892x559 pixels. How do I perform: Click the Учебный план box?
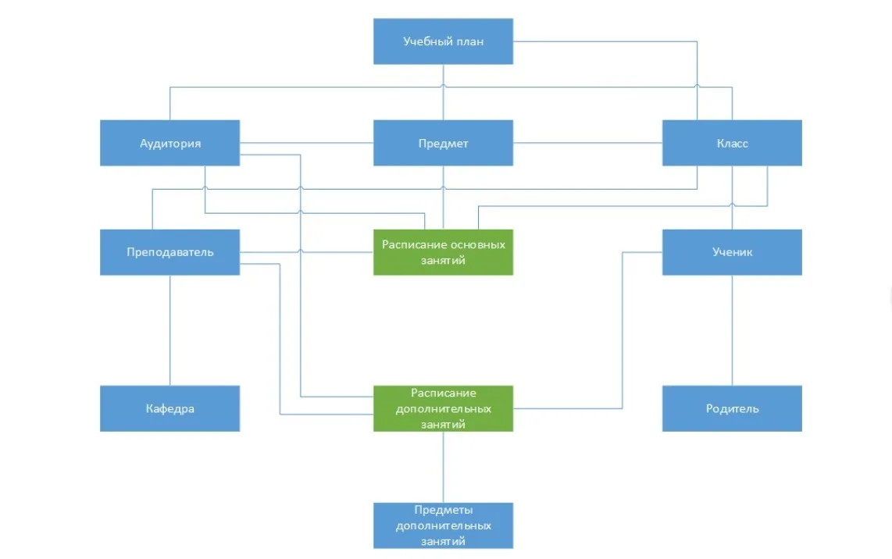(443, 41)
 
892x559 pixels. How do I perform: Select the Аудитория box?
(169, 143)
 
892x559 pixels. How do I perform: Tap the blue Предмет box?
(443, 143)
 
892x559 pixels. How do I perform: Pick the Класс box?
(732, 143)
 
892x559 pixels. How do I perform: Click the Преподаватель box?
(169, 252)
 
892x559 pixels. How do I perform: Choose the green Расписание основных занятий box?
(443, 252)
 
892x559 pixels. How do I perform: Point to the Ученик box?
(732, 252)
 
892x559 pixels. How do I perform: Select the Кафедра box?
(169, 408)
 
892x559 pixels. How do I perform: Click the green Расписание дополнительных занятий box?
(443, 408)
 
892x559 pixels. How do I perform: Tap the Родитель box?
(732, 408)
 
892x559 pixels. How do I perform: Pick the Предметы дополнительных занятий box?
(443, 525)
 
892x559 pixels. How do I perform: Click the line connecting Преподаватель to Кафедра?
(169, 330)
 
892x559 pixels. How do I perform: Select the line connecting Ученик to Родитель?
(732, 330)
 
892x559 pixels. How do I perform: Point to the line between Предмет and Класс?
(587, 143)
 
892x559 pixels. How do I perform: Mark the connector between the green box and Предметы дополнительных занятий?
(443, 467)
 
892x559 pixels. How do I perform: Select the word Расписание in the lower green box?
(443, 393)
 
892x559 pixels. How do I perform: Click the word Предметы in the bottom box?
(443, 510)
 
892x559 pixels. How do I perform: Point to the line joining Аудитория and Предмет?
(307, 143)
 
